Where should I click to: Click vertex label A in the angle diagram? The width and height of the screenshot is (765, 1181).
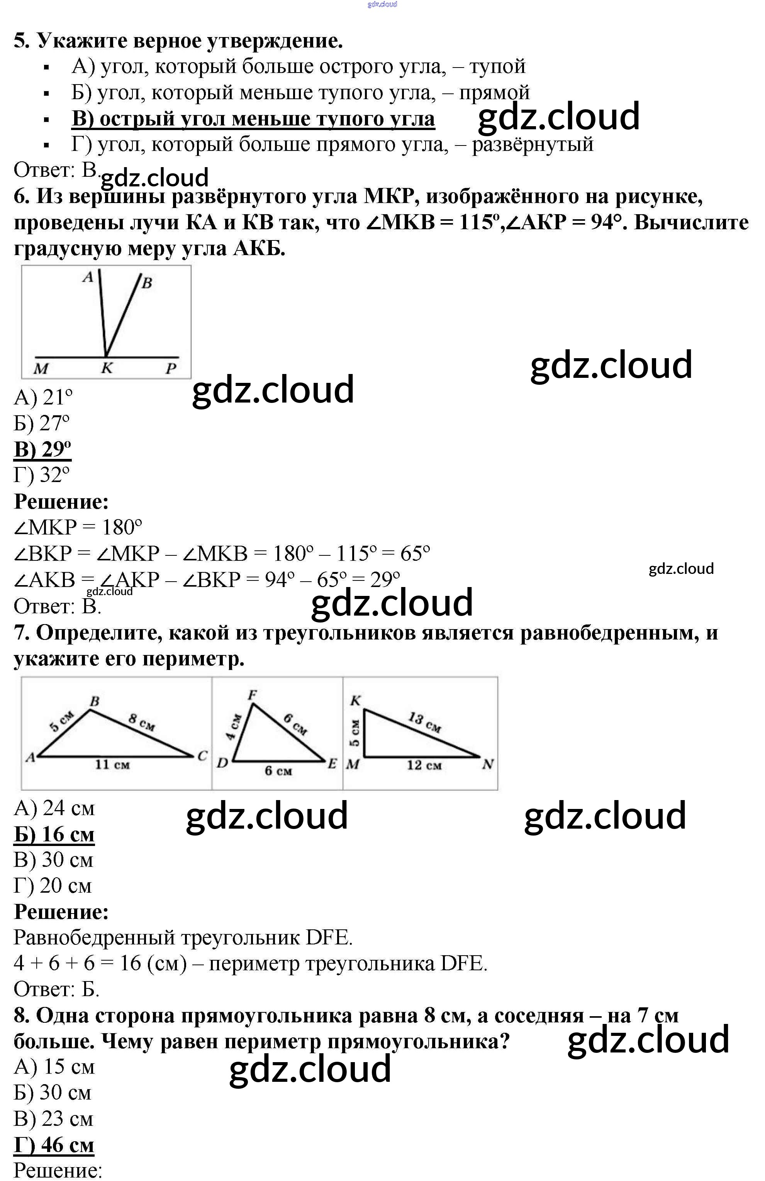click(88, 277)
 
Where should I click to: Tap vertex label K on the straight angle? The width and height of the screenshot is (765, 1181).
click(107, 368)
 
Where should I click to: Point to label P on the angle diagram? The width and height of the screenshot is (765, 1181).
click(171, 369)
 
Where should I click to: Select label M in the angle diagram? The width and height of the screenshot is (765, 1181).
click(41, 369)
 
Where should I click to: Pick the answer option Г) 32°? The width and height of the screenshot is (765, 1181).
click(42, 475)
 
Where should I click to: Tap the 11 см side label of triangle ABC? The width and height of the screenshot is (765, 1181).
click(112, 765)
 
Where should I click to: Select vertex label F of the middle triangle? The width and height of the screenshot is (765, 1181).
click(252, 695)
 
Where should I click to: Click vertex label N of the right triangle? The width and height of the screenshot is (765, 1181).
click(487, 765)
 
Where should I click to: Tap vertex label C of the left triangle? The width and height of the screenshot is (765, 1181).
click(202, 756)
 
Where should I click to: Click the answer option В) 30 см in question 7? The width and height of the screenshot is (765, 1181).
click(53, 860)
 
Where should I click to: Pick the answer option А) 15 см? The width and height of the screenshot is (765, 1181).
click(54, 1066)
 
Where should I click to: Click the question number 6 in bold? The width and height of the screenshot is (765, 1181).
click(21, 197)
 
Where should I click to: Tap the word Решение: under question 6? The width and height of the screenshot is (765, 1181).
click(61, 501)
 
